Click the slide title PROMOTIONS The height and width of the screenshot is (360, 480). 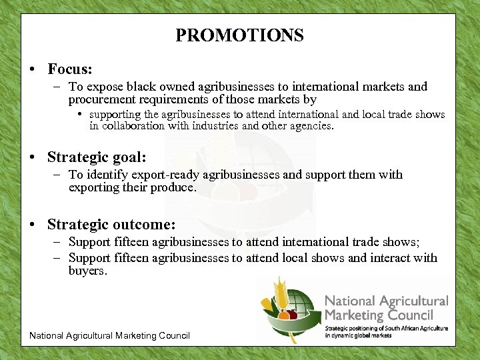pos(239,35)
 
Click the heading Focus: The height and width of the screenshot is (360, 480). pos(69,69)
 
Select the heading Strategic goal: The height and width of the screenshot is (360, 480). pos(97,157)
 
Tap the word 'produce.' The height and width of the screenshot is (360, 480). pos(175,188)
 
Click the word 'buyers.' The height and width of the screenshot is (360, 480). pos(87,271)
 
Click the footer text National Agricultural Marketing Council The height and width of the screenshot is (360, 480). pos(109,335)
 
